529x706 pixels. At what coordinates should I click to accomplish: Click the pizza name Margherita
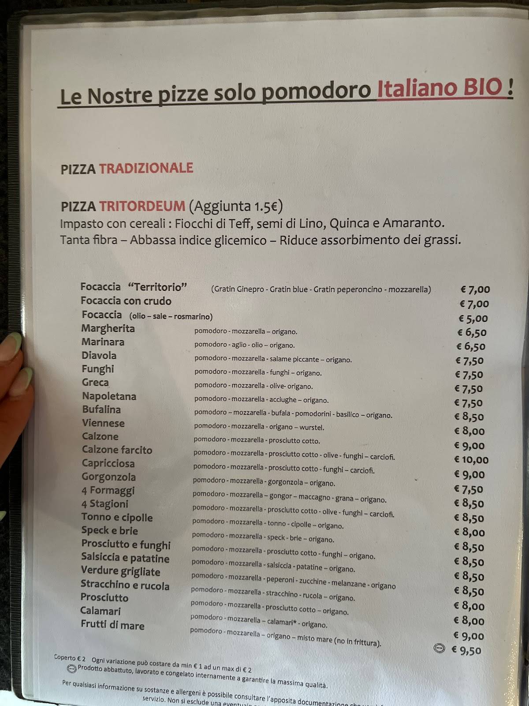pyautogui.click(x=108, y=329)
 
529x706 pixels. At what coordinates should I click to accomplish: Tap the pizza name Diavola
pyautogui.click(x=99, y=356)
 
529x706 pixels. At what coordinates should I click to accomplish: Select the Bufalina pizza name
pyautogui.click(x=101, y=409)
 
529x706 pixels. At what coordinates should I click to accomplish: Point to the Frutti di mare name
pyautogui.click(x=112, y=625)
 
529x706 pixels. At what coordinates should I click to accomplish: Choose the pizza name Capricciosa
pyautogui.click(x=108, y=463)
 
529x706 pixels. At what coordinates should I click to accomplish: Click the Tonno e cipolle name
pyautogui.click(x=117, y=517)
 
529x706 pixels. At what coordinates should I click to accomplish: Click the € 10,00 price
pyautogui.click(x=471, y=460)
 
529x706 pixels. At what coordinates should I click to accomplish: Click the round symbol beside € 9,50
pyautogui.click(x=440, y=648)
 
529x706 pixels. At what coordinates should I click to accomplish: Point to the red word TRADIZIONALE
pyautogui.click(x=146, y=168)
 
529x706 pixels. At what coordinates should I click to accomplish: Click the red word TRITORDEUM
pyautogui.click(x=142, y=206)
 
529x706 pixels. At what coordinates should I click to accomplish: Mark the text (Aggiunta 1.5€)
pyautogui.click(x=235, y=206)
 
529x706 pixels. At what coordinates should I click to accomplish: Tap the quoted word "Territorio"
pyautogui.click(x=157, y=287)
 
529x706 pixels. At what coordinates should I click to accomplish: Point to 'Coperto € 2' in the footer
pyautogui.click(x=70, y=657)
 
